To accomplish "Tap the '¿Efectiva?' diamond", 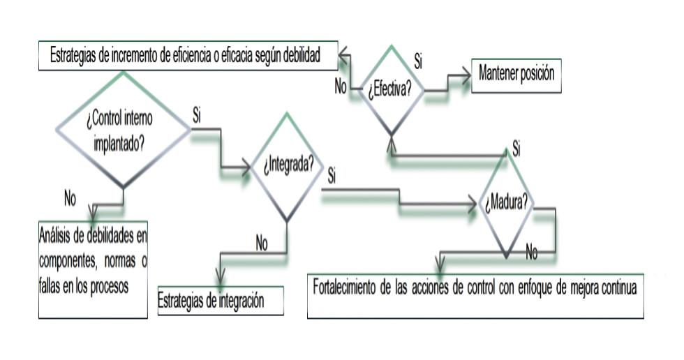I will pos(390,89).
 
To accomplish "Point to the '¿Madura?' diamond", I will pos(507,204).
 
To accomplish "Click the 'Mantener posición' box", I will pos(520,73).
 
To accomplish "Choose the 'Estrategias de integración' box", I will pos(221,301).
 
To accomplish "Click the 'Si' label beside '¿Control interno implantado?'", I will pos(197,116).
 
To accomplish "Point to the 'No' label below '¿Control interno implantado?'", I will pos(70,198).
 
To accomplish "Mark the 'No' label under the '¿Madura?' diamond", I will pos(532,253).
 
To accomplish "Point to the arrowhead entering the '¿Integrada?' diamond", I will pos(247,167).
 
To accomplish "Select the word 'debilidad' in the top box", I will pos(298,57).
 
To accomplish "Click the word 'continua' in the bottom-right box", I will pos(616,287).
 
